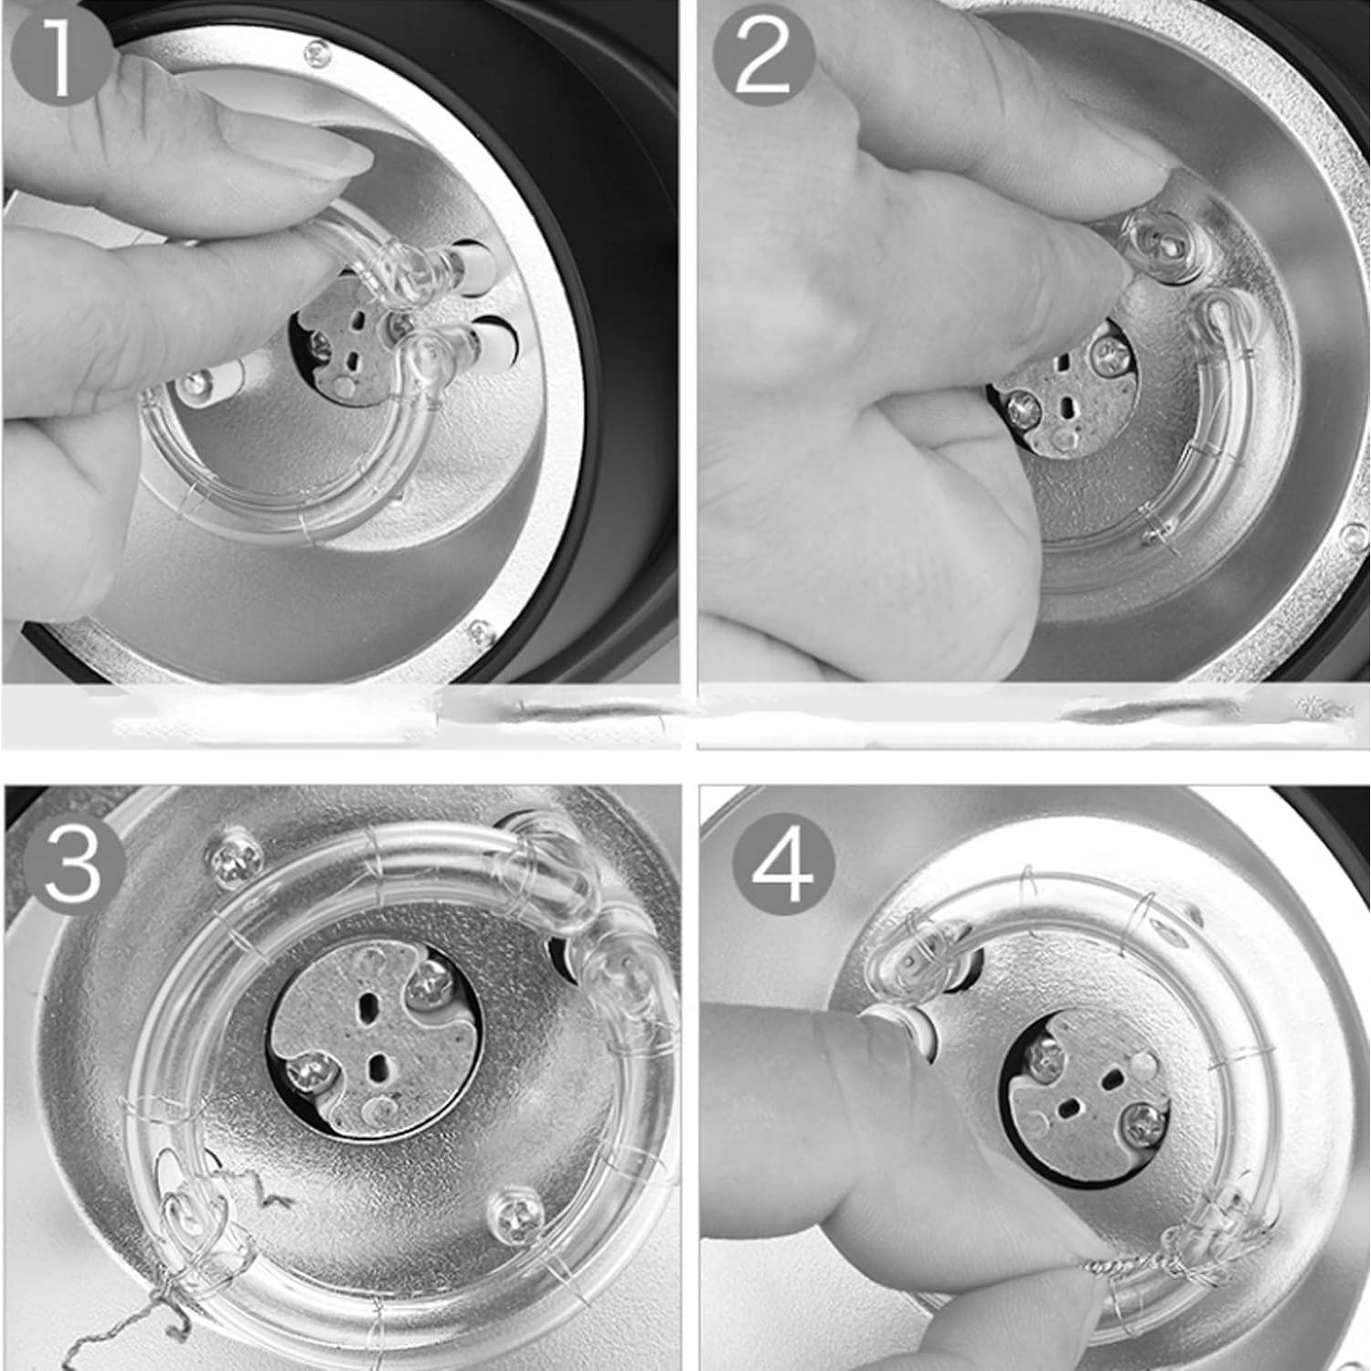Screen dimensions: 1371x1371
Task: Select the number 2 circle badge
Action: click(x=763, y=57)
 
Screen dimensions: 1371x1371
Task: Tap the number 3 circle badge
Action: click(x=74, y=864)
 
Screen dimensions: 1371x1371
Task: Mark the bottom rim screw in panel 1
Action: click(x=477, y=631)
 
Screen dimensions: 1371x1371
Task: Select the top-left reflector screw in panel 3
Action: click(x=229, y=858)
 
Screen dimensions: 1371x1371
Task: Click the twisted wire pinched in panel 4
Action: click(x=1133, y=1266)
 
